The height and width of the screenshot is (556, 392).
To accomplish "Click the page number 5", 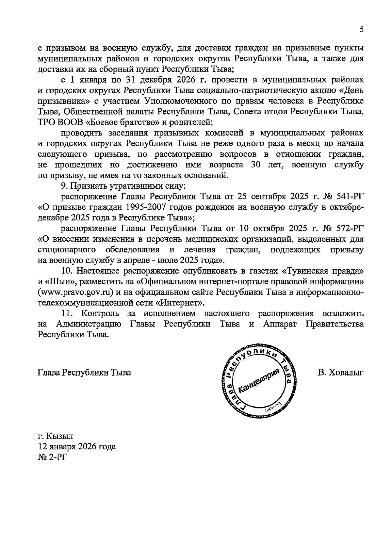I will [361, 30].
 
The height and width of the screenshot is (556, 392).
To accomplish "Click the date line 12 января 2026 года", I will [77, 446].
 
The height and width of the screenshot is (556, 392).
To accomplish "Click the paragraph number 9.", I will [64, 186].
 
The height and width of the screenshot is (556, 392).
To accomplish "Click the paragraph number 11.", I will [67, 313].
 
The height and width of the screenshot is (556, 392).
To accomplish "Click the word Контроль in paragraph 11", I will [100, 313].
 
